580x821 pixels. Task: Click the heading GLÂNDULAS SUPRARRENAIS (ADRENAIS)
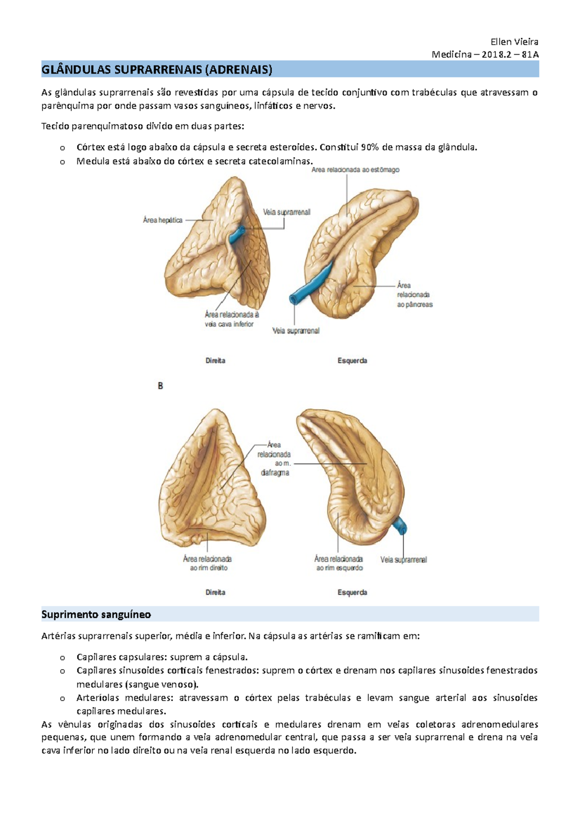(x=157, y=70)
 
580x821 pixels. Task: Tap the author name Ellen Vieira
(x=514, y=42)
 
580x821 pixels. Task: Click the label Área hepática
(x=162, y=220)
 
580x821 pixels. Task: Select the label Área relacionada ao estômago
(x=355, y=170)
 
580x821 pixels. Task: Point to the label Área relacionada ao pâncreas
(x=414, y=294)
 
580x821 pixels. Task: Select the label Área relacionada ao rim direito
(x=208, y=563)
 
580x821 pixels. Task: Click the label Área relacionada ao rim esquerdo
(x=339, y=563)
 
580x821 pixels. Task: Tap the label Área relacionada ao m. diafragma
(x=275, y=459)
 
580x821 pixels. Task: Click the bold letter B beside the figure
(x=160, y=386)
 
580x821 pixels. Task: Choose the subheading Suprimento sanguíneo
(x=96, y=615)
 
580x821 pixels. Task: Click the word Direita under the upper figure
(x=215, y=361)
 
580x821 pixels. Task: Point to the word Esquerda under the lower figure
(x=352, y=592)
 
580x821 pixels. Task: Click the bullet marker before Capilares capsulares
(x=62, y=658)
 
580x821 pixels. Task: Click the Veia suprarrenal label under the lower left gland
(x=404, y=560)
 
